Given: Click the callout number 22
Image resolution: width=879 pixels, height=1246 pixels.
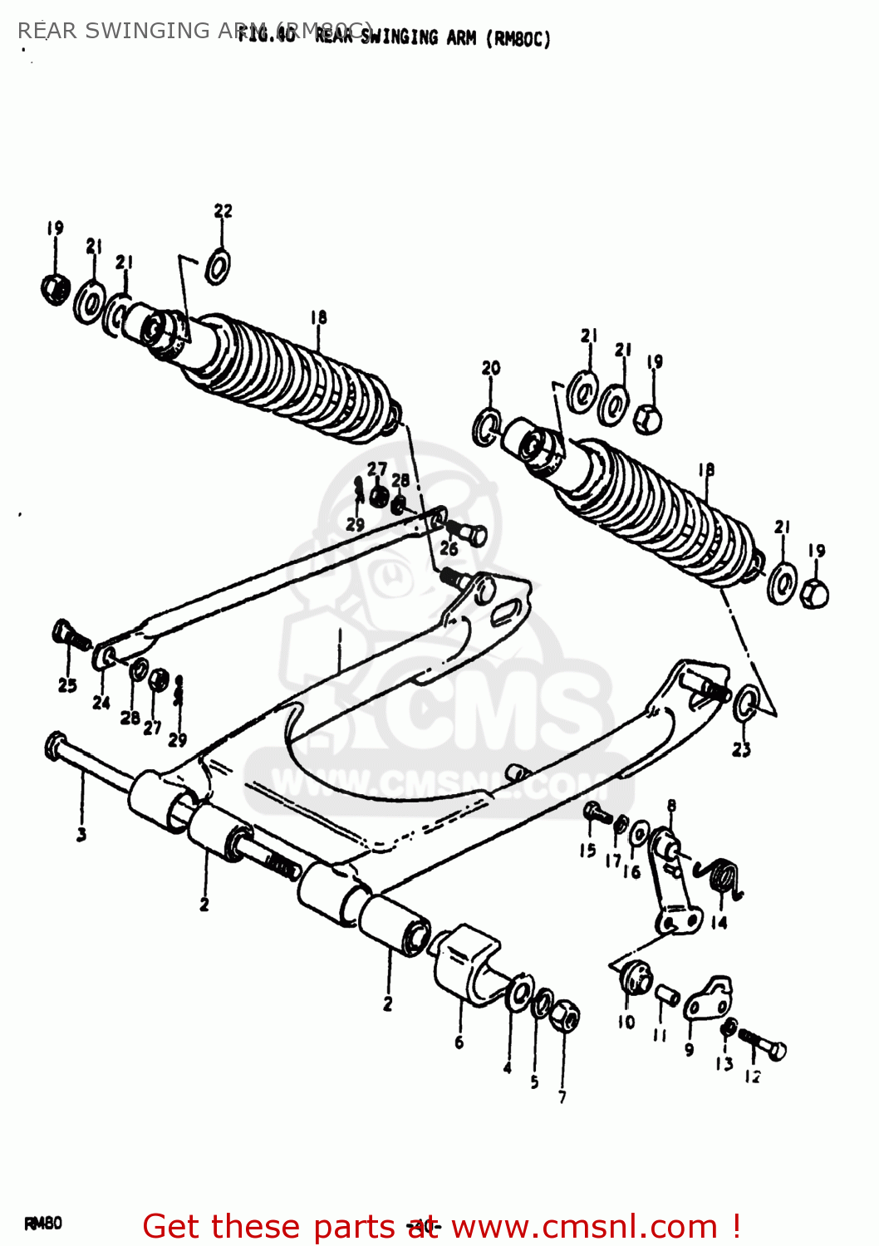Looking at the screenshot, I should [223, 211].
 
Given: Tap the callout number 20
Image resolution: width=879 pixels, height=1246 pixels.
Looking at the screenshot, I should [491, 368].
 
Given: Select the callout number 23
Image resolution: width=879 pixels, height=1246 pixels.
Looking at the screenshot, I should [741, 749].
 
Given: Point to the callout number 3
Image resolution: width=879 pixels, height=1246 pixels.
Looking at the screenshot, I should [81, 834].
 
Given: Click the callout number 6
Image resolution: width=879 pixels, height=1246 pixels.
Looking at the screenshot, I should [459, 1042].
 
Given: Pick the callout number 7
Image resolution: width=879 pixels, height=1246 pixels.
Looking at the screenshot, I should [562, 1096].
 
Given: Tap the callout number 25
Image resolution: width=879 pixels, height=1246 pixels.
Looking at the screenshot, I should [67, 685].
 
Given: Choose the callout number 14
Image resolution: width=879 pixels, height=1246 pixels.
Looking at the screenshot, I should [719, 922].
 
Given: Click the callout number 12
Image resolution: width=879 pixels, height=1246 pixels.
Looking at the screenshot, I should [752, 1077].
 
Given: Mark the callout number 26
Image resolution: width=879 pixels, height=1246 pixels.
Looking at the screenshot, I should [449, 548].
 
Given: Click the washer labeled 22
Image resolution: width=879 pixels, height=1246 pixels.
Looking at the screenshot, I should [218, 266].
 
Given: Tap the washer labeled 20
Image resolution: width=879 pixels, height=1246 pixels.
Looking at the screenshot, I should [487, 427].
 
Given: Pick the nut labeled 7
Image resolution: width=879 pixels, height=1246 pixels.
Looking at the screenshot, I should [565, 1015].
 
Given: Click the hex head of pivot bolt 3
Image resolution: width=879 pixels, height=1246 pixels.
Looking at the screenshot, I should [56, 745].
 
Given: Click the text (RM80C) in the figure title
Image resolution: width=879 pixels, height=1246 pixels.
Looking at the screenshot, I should [518, 39].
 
